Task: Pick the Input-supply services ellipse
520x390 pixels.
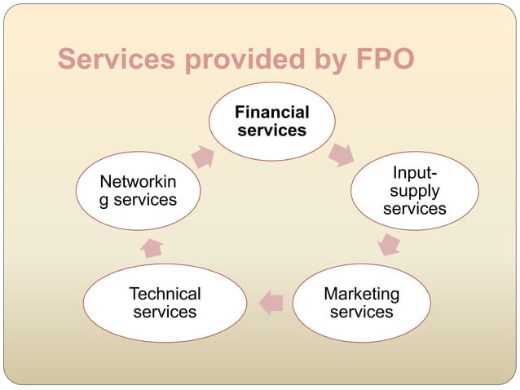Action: point(414,192)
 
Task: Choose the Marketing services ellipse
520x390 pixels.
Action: point(361,302)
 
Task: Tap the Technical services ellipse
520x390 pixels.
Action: point(165,302)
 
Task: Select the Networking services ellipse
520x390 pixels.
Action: point(138,190)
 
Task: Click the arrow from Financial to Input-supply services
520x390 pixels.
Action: point(341,153)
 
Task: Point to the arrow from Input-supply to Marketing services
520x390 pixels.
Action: point(390,243)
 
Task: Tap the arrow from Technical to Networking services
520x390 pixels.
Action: point(152,246)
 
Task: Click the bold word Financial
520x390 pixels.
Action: point(271,112)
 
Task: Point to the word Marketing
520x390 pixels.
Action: point(361,293)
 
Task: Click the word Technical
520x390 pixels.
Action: point(165,293)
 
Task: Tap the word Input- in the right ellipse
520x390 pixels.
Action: point(414,173)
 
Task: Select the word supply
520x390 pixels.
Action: point(414,191)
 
